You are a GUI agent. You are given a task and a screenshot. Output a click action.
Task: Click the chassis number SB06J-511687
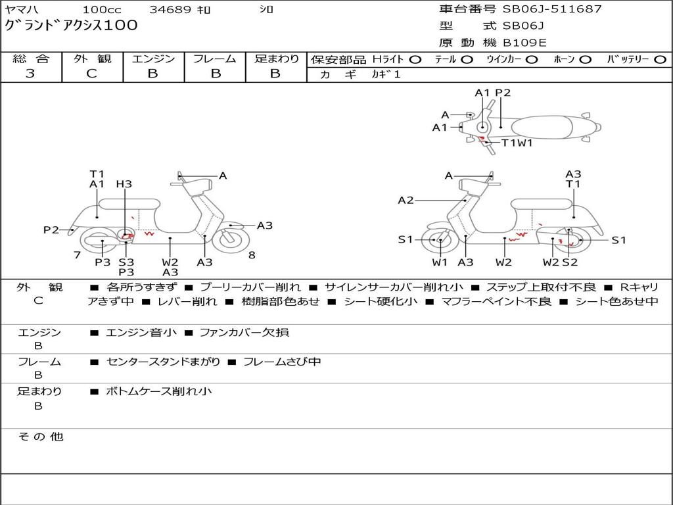552,9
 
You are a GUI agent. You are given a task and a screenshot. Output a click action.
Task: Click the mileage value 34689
170,10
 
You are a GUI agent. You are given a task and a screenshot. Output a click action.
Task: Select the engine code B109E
524,43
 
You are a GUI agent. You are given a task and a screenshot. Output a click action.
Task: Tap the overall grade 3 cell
30,74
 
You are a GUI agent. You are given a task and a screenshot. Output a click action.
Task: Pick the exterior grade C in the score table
91,74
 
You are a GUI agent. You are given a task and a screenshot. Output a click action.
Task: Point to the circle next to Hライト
415,59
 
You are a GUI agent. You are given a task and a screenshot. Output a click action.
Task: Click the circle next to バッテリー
661,59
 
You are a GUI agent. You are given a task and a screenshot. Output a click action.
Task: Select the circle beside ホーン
585,59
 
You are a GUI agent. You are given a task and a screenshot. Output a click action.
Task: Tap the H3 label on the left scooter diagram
124,184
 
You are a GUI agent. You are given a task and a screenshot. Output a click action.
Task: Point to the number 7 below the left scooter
77,255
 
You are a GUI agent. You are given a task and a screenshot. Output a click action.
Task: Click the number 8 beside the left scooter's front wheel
252,255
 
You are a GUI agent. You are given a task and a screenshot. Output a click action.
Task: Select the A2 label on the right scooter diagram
406,200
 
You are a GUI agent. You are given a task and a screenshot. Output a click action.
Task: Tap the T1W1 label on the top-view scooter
517,142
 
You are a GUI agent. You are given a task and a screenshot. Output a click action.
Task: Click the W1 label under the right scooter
440,262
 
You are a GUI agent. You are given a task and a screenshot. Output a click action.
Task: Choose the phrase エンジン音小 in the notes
141,333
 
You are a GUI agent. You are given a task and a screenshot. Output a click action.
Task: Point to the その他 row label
40,437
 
